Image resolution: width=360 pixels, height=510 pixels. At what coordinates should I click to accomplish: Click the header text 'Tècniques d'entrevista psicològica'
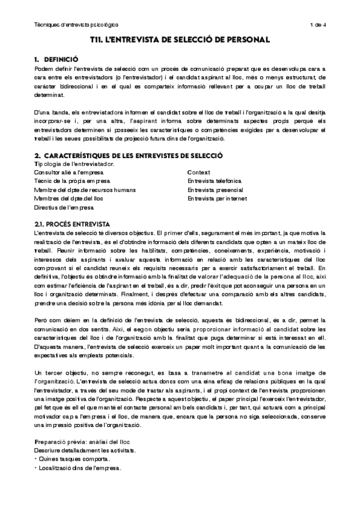pyautogui.click(x=76, y=25)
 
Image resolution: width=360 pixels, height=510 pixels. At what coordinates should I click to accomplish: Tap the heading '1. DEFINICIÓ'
pyautogui.click(x=56, y=60)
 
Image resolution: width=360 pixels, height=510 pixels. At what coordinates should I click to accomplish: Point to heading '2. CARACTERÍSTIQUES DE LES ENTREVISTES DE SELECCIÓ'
pyautogui.click(x=129, y=155)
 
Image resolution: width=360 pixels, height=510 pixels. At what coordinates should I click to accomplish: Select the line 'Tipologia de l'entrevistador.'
pyautogui.click(x=74, y=164)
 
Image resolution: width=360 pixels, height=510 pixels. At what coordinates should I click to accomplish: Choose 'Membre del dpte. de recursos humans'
pyautogui.click(x=85, y=189)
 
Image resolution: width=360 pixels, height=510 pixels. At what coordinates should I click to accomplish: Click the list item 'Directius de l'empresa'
pyautogui.click(x=64, y=207)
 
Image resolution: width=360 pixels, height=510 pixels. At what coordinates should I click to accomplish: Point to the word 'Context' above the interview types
pyautogui.click(x=198, y=172)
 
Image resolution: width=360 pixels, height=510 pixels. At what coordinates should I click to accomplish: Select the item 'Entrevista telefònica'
pyautogui.click(x=215, y=181)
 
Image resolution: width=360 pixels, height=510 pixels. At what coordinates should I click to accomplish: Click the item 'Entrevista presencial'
pyautogui.click(x=215, y=189)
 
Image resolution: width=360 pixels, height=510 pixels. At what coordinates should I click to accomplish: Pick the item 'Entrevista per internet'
pyautogui.click(x=217, y=198)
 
